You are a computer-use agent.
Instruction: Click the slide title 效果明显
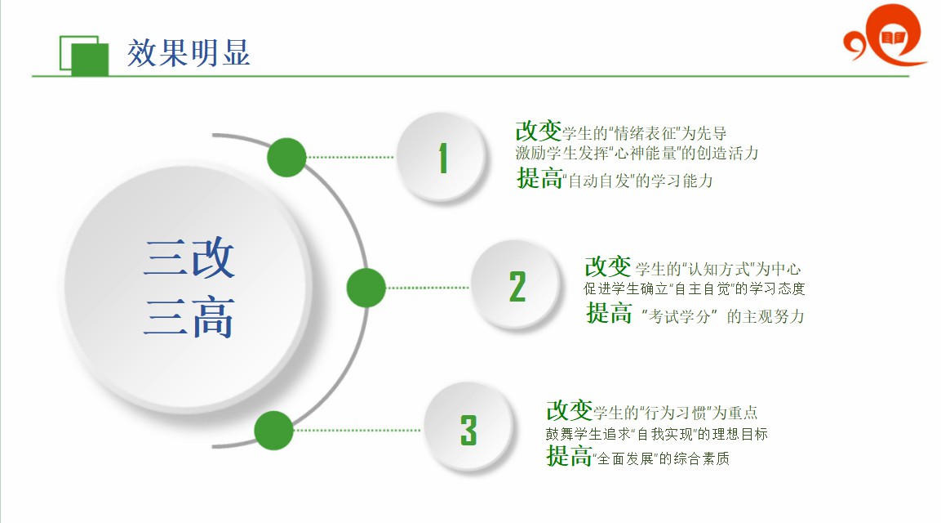click(189, 53)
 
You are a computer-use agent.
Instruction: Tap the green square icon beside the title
click(84, 56)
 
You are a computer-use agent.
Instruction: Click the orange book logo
click(886, 34)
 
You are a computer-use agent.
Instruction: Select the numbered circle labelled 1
click(442, 158)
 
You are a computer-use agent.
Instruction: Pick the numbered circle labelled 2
click(517, 285)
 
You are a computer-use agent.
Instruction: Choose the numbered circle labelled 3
click(468, 429)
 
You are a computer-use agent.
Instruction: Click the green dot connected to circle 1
click(286, 158)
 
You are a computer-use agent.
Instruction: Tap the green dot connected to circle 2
click(366, 288)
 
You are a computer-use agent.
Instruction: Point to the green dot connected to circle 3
click(273, 431)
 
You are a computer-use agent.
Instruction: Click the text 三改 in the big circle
click(189, 257)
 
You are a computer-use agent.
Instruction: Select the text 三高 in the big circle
click(189, 316)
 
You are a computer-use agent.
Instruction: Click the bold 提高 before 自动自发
click(539, 178)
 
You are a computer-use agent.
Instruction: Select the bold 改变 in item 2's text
click(608, 266)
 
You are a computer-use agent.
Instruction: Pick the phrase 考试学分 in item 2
click(679, 316)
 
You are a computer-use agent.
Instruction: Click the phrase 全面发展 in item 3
click(624, 458)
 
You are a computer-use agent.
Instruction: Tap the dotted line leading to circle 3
click(359, 431)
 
